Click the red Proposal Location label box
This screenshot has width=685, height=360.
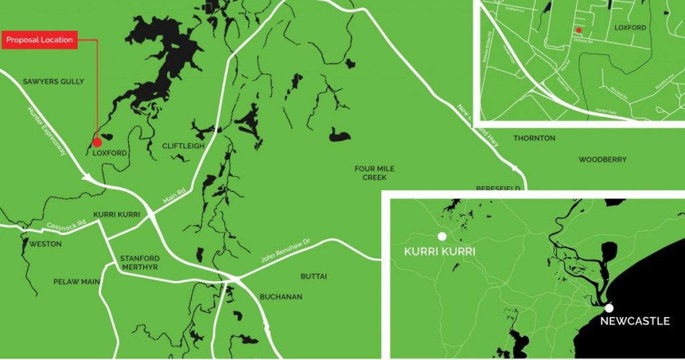pyautogui.click(x=39, y=40)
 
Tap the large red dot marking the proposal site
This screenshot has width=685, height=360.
pyautogui.click(x=97, y=142)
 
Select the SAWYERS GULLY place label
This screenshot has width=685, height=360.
pyautogui.click(x=54, y=82)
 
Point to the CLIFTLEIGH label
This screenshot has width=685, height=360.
pyautogui.click(x=182, y=146)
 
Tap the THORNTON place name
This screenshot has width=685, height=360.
pyautogui.click(x=534, y=139)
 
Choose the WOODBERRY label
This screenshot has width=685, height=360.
pyautogui.click(x=602, y=160)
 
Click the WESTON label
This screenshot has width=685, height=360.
pyautogui.click(x=45, y=244)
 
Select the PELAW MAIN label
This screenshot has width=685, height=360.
pyautogui.click(x=76, y=282)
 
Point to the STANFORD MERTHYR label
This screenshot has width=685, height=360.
pyautogui.click(x=138, y=262)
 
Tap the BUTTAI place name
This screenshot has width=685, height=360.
pyautogui.click(x=314, y=276)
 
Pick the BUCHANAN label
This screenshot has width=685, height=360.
pyautogui.click(x=281, y=296)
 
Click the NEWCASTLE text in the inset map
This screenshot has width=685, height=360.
pyautogui.click(x=635, y=321)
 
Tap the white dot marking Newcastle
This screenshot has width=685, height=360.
pyautogui.click(x=608, y=308)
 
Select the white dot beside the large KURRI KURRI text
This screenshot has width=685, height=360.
pyautogui.click(x=442, y=236)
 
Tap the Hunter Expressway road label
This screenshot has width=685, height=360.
pyautogui.click(x=47, y=132)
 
